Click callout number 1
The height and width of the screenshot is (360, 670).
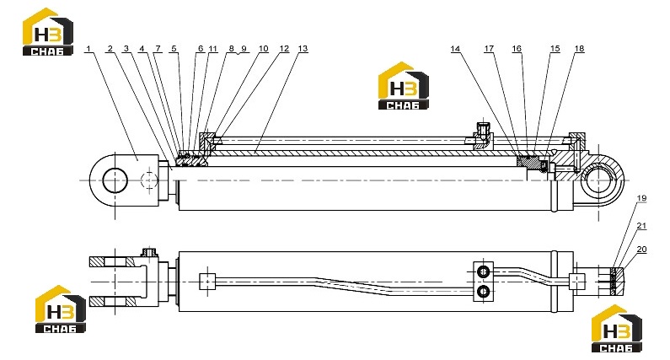click(88, 49)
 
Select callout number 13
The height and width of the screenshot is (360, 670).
click(303, 49)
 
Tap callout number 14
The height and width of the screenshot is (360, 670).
click(455, 49)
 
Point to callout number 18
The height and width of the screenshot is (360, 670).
click(579, 49)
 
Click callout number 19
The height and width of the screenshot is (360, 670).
click(641, 198)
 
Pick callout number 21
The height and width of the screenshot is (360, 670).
click(641, 226)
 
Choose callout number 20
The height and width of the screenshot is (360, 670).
click(641, 250)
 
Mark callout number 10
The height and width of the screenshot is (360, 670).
click(263, 49)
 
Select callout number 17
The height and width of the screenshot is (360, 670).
click(489, 49)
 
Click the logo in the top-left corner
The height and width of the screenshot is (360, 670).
click(48, 32)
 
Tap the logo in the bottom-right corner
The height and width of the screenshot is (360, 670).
click(617, 328)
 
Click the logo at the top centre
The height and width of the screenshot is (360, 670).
click(404, 85)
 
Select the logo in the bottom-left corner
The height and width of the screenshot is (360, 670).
click(60, 309)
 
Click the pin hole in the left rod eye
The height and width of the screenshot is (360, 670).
click(115, 180)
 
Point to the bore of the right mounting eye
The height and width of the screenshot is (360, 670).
click(598, 180)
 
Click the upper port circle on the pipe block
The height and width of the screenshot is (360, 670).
click(483, 271)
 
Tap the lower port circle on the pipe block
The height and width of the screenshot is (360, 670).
click(483, 292)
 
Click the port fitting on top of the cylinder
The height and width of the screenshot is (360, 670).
click(483, 133)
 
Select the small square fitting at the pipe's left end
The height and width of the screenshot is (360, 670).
click(207, 282)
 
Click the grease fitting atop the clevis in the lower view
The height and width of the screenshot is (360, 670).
click(148, 252)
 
